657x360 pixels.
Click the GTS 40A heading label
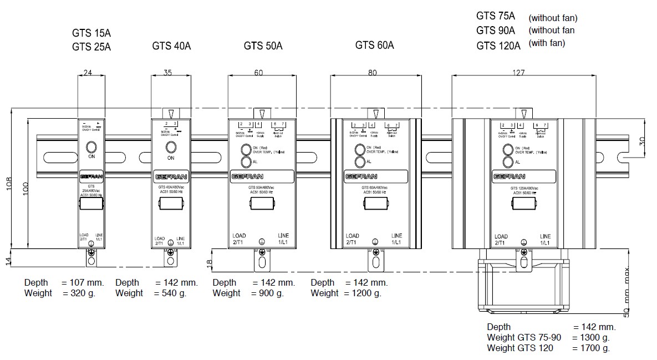tap(171, 46)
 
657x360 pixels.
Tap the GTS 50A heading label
tap(263, 46)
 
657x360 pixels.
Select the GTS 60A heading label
tap(374, 45)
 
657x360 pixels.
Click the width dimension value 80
tap(372, 72)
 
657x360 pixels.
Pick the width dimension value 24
tap(88, 72)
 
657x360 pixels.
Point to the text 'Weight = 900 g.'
tap(248, 293)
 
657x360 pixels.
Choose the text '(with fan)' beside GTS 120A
tap(547, 43)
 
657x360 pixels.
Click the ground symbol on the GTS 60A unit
tap(375, 241)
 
